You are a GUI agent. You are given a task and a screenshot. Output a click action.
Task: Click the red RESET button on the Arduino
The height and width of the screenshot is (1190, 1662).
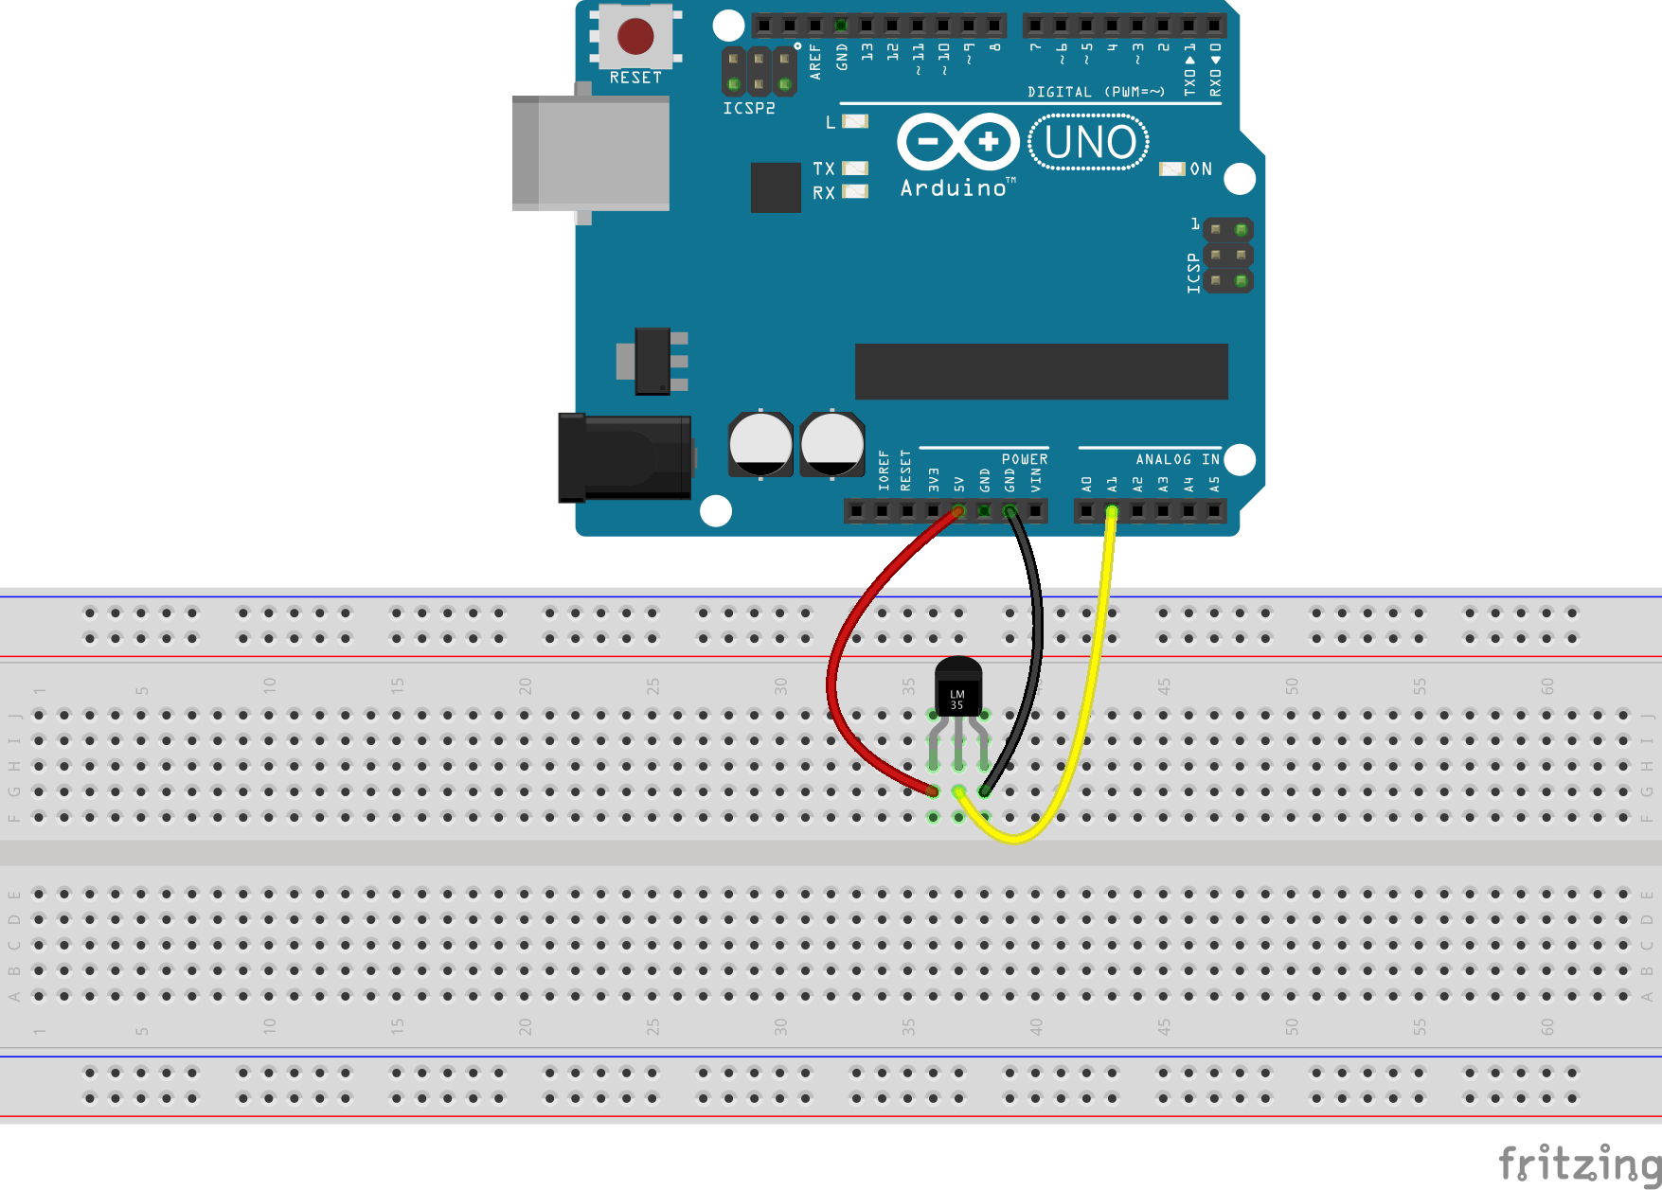(x=634, y=37)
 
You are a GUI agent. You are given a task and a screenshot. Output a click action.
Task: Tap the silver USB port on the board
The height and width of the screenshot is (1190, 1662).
(x=591, y=152)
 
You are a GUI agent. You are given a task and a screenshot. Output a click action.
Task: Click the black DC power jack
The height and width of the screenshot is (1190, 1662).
(x=624, y=457)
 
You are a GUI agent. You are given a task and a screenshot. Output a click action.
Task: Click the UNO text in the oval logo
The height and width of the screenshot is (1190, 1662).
(x=1089, y=143)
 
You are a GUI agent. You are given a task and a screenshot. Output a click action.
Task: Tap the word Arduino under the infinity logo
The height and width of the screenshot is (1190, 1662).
(x=953, y=188)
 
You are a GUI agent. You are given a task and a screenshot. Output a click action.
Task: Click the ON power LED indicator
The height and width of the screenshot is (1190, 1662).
(x=1172, y=169)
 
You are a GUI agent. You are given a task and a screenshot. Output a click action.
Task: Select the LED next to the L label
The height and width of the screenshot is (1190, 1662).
(x=855, y=121)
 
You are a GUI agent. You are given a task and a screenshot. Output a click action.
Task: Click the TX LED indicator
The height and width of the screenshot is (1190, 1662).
(x=855, y=169)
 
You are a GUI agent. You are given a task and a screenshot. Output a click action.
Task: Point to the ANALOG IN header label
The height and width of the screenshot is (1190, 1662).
(x=1177, y=459)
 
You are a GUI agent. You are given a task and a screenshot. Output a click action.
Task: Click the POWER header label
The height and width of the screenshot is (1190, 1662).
(x=1025, y=459)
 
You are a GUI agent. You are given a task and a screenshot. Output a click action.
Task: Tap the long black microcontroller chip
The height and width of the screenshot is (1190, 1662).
(x=1041, y=371)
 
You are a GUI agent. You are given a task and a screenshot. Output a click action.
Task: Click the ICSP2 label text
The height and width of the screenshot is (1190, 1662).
(x=748, y=109)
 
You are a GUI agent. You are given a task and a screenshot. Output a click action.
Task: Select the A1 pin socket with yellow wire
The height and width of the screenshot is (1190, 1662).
(x=1112, y=512)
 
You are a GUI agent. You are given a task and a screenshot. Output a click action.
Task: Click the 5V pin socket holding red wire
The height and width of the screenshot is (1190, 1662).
(x=958, y=512)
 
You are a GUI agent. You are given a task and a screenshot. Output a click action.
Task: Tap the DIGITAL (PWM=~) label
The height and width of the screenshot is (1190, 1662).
(x=1096, y=92)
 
